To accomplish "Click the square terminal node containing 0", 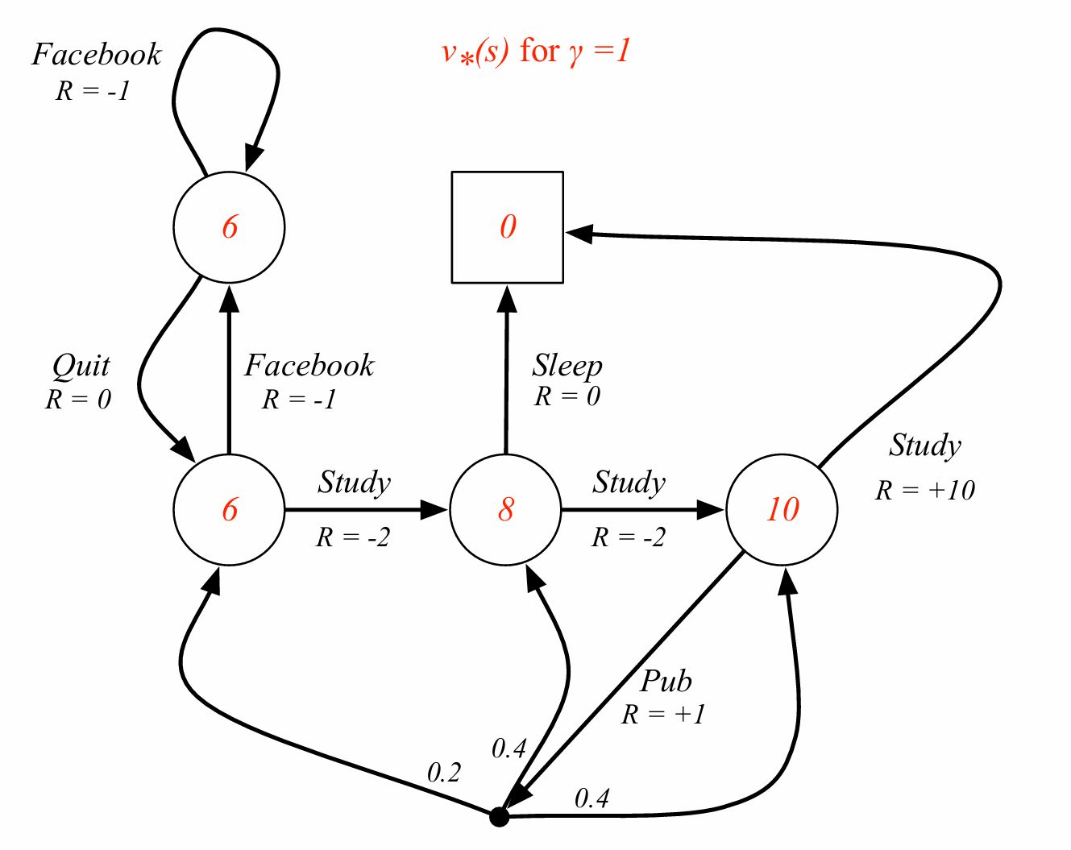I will (x=507, y=227).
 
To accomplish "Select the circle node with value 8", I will (x=505, y=509).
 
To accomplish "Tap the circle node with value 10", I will (x=782, y=509).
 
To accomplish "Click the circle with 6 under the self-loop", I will (x=229, y=227).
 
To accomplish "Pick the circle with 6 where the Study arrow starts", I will (x=229, y=509).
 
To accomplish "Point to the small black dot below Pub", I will (x=500, y=817).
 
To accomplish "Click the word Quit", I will (x=81, y=367).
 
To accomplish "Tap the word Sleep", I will (x=567, y=367).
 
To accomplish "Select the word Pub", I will (x=666, y=682).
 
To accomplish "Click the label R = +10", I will (x=925, y=490).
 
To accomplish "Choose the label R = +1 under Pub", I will (x=663, y=715).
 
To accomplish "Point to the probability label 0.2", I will (x=443, y=773).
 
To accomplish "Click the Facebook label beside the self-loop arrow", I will (x=97, y=55).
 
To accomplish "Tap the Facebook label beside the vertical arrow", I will (x=309, y=366).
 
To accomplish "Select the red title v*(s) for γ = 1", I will (x=536, y=52).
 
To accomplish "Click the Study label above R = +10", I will (x=925, y=446).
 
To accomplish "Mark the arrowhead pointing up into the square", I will (x=507, y=300).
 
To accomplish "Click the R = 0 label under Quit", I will (x=78, y=400).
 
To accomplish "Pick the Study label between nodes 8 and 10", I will (x=629, y=483).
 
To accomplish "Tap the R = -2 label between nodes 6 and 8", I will (x=353, y=537).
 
